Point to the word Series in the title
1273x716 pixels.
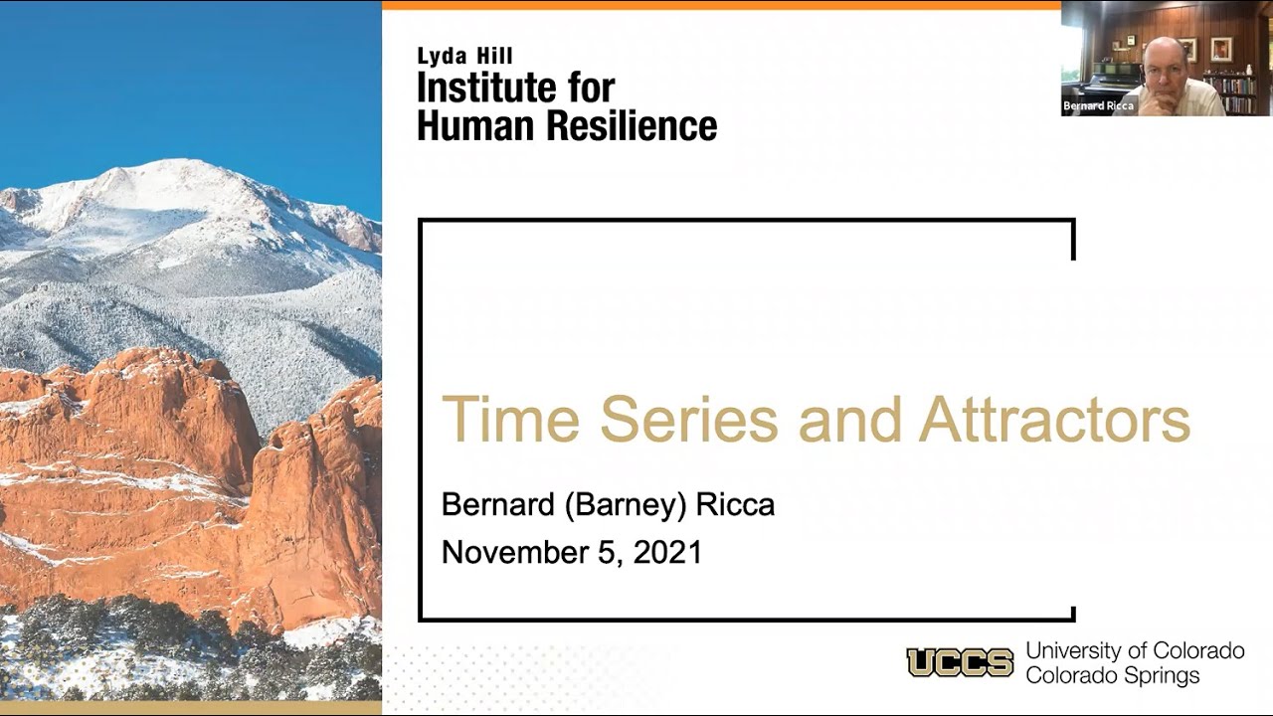point(689,420)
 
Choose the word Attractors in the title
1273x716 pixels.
point(1054,420)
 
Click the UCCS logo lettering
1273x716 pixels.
point(960,662)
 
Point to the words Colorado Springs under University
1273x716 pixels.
point(1113,676)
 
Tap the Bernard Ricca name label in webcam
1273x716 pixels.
point(1098,106)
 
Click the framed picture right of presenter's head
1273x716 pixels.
point(1220,48)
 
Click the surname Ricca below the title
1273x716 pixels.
point(735,505)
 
